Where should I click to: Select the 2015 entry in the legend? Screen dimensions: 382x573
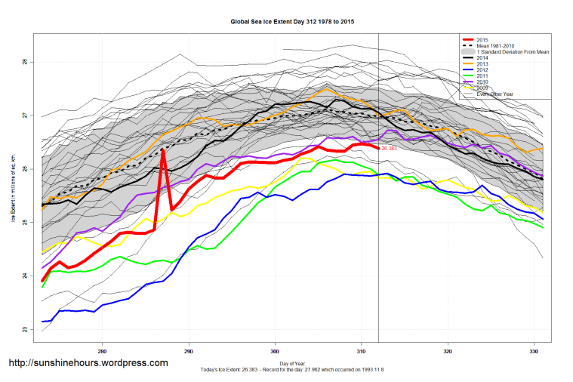click(x=482, y=39)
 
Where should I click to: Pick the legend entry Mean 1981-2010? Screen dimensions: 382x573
click(x=495, y=46)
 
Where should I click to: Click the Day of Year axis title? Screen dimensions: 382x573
click(x=292, y=364)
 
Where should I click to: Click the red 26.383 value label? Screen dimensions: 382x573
click(x=392, y=149)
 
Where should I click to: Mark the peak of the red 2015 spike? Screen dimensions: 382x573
click(x=163, y=150)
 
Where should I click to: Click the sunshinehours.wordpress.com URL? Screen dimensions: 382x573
click(x=88, y=363)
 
